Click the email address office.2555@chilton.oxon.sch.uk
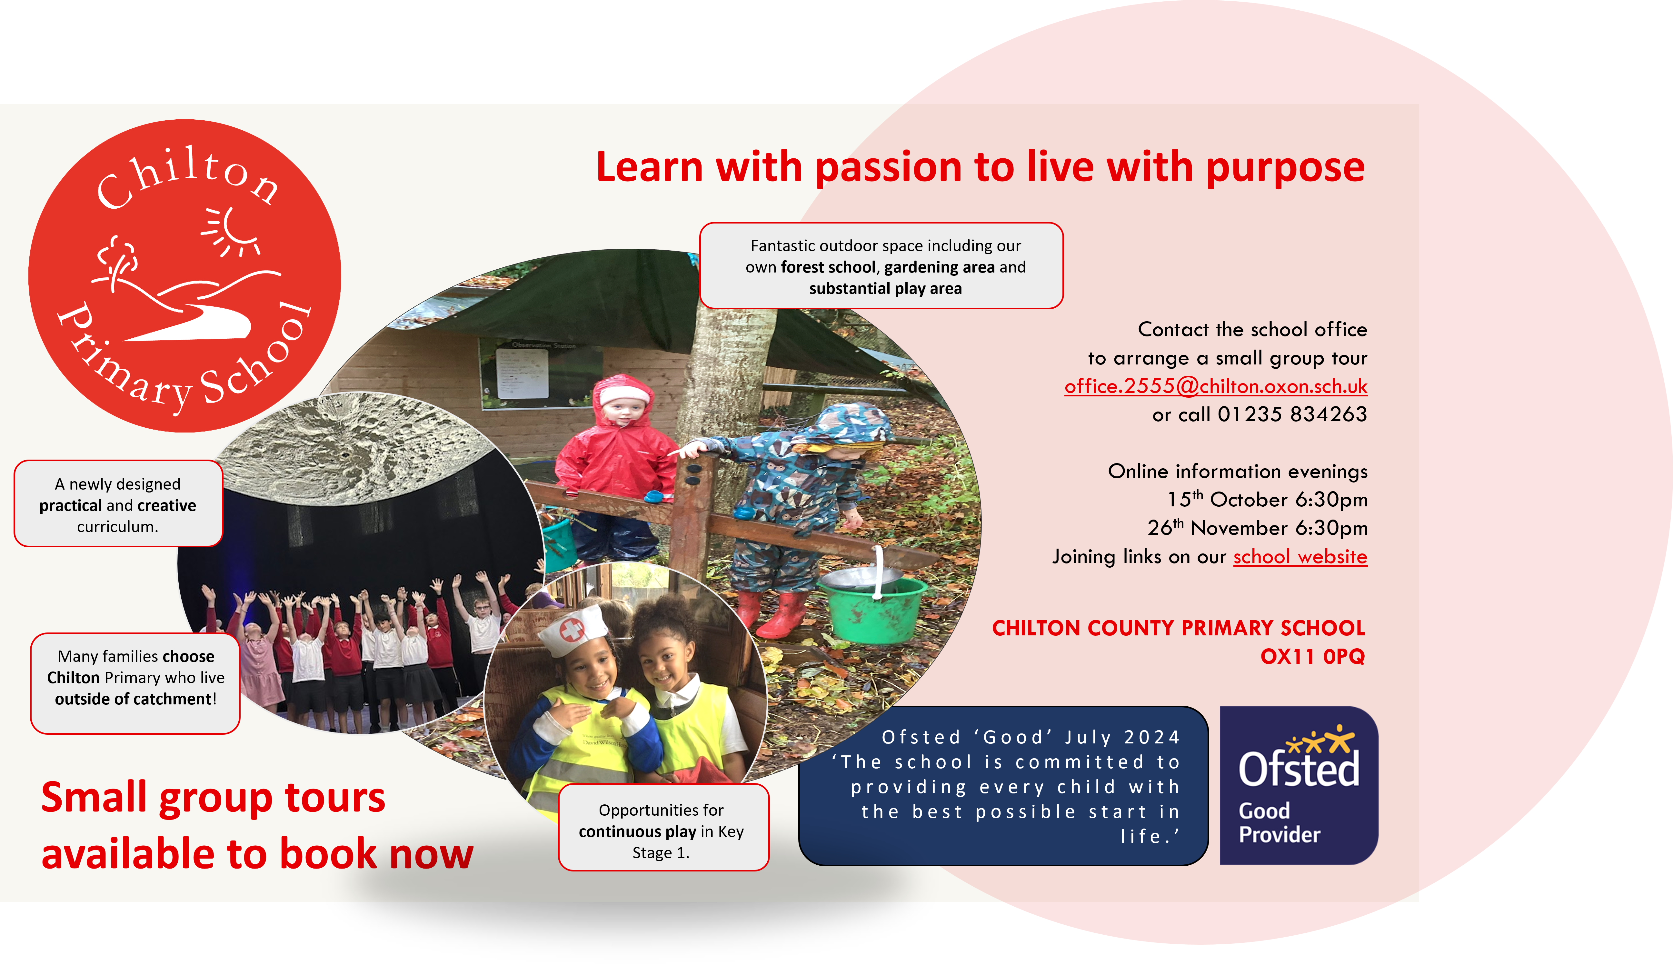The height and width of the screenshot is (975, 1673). (x=1216, y=386)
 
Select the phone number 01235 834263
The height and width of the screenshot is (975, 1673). (x=1292, y=414)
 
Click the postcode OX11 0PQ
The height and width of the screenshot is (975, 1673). (x=1312, y=656)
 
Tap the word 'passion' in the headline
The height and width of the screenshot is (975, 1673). (x=888, y=167)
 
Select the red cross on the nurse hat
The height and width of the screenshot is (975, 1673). (x=571, y=630)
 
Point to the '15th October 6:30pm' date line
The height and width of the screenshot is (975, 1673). (x=1267, y=499)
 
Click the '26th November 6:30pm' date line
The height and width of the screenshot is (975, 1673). (x=1257, y=528)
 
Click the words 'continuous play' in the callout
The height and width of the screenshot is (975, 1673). (x=637, y=832)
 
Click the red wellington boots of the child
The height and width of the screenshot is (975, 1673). (x=775, y=614)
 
